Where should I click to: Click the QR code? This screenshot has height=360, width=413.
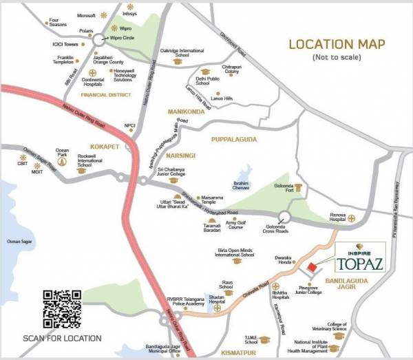(62, 308)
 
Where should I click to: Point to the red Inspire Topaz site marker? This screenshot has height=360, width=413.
(312, 268)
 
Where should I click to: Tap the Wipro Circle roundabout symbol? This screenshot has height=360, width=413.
(101, 39)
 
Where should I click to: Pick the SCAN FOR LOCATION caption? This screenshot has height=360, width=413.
(62, 339)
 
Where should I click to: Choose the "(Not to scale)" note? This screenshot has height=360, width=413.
(337, 56)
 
